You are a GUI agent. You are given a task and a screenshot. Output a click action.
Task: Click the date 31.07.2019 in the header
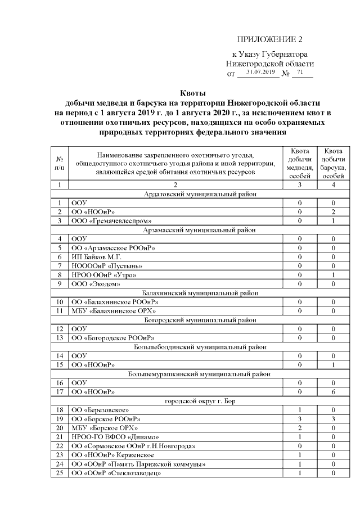click(x=259, y=73)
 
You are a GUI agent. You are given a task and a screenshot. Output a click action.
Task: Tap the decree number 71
click(x=300, y=73)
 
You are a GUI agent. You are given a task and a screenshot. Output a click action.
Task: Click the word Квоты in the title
click(x=193, y=93)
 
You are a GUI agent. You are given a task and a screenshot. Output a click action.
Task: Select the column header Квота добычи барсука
click(x=334, y=163)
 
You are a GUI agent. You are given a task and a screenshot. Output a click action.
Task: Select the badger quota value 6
click(x=334, y=391)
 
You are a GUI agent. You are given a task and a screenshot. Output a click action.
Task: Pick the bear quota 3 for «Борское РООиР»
click(x=300, y=419)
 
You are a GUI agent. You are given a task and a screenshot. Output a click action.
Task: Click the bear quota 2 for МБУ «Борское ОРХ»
click(x=300, y=428)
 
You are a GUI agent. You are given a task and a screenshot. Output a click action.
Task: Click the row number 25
click(x=59, y=473)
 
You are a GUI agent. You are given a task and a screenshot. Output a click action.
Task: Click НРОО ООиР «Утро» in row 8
click(x=103, y=274)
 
